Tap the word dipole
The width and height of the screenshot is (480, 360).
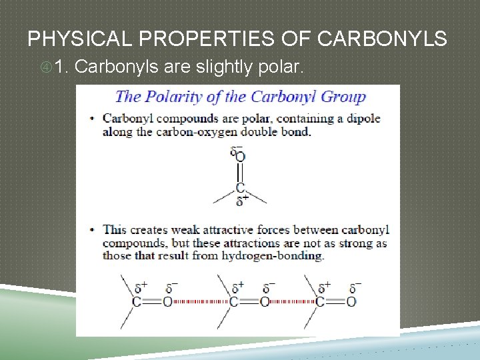[x=363, y=119]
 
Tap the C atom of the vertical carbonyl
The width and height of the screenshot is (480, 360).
[x=240, y=189]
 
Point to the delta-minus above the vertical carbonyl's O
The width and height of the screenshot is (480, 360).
[x=235, y=150]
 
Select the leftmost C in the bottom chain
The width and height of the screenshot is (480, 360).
[x=136, y=302]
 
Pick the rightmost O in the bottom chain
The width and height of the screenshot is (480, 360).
[x=351, y=302]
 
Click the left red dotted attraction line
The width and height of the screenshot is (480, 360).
[x=199, y=302]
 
